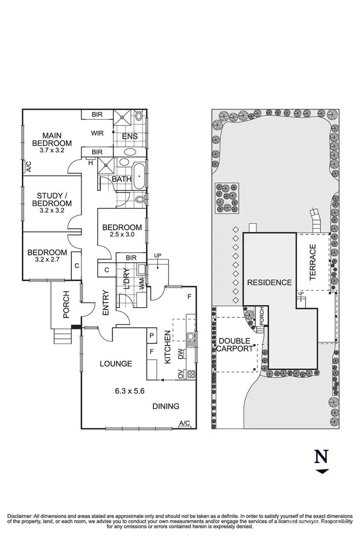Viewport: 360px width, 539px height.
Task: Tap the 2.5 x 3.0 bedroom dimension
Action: (121, 235)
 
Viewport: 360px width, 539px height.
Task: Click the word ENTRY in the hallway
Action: (106, 303)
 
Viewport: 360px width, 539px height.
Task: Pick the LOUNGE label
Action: (116, 363)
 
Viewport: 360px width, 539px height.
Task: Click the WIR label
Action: (98, 133)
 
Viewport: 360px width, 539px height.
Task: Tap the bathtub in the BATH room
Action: (139, 175)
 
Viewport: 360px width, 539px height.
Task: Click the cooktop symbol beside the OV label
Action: (191, 374)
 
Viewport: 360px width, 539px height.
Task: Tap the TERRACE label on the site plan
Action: (312, 262)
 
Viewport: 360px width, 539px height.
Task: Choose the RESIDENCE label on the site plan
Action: (269, 282)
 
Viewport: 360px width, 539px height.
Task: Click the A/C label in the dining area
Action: (184, 423)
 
